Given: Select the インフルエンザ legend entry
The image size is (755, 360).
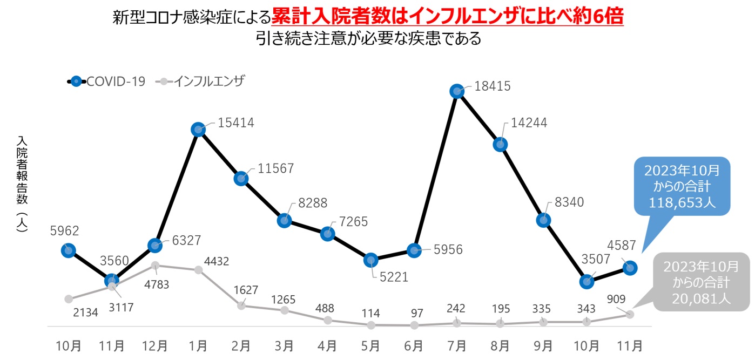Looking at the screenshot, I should (201, 81).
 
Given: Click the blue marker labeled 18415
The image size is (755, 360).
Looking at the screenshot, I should (457, 92).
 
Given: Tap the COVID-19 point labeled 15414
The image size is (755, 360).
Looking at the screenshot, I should (198, 130).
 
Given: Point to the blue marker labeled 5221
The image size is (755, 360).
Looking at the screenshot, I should (370, 260).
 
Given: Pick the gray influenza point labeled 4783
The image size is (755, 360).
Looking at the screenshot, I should (155, 265).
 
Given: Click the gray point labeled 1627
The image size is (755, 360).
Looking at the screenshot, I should (241, 305).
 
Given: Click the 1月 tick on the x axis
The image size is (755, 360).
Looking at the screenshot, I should (198, 345).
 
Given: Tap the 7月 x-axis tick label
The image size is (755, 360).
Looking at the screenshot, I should (457, 345).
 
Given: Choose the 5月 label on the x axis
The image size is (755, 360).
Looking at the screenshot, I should (370, 345).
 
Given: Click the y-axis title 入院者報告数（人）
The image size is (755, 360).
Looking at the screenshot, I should (22, 184).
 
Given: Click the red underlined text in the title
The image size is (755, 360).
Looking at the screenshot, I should (447, 18).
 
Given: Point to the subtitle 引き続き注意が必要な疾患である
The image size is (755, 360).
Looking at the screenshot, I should (369, 39).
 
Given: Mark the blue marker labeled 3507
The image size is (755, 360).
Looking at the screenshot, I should (587, 281).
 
